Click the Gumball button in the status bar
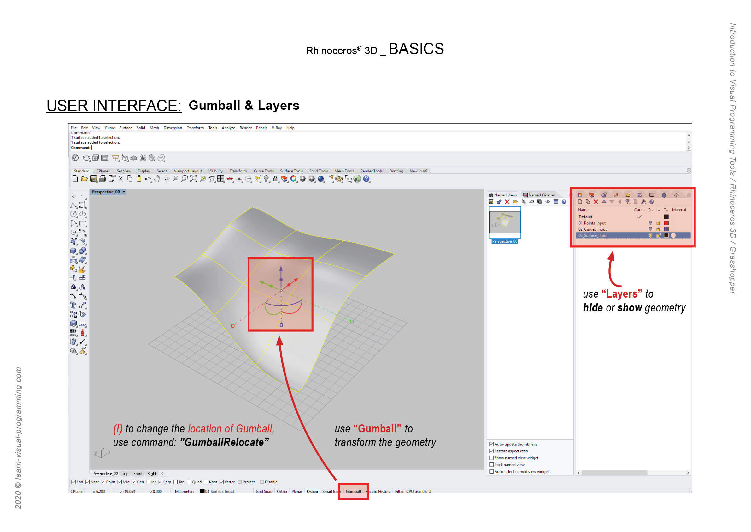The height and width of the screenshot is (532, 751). pyautogui.click(x=353, y=491)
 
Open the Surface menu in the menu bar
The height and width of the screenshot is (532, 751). pyautogui.click(x=126, y=128)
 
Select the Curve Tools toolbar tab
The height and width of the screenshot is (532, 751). pyautogui.click(x=263, y=171)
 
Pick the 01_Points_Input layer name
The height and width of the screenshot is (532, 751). pyautogui.click(x=592, y=223)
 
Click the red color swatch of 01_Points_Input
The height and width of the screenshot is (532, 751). pyautogui.click(x=666, y=223)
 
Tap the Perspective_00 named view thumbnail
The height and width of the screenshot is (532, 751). pyautogui.click(x=504, y=222)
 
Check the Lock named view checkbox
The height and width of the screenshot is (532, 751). pyautogui.click(x=491, y=465)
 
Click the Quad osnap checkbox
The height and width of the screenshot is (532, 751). pyautogui.click(x=189, y=482)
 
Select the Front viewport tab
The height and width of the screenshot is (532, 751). pyautogui.click(x=138, y=474)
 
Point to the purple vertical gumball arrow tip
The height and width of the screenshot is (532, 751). pyautogui.click(x=281, y=268)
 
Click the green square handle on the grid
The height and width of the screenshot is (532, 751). pyautogui.click(x=352, y=322)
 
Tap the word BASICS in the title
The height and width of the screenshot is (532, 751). pyautogui.click(x=416, y=49)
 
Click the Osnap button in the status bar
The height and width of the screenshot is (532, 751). pyautogui.click(x=312, y=491)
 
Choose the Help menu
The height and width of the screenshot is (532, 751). pyautogui.click(x=290, y=128)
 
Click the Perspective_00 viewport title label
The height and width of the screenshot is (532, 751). pyautogui.click(x=106, y=192)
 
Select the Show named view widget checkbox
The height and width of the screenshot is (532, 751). pyautogui.click(x=491, y=458)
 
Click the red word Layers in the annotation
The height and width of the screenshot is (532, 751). pyautogui.click(x=621, y=294)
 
